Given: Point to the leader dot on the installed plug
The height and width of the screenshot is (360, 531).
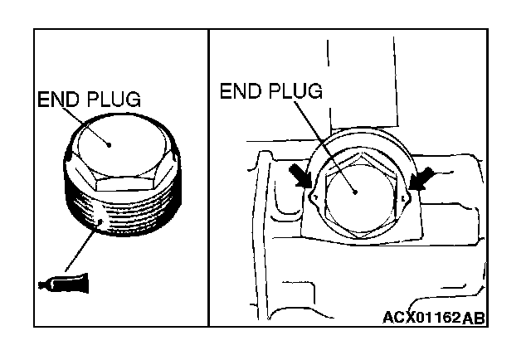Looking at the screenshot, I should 355,190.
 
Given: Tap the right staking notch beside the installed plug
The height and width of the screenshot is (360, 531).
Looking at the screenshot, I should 404,199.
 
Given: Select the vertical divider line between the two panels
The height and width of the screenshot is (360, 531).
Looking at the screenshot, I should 208,178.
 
